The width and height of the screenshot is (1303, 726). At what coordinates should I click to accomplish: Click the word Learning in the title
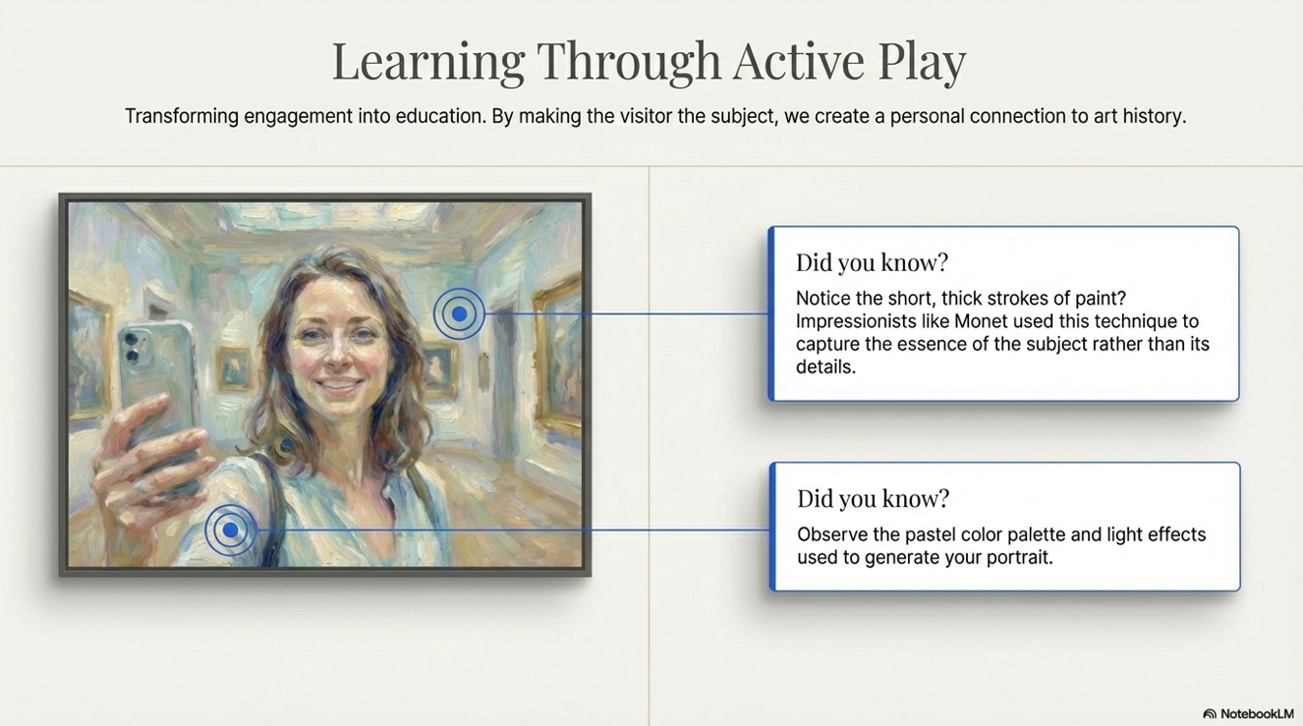428,62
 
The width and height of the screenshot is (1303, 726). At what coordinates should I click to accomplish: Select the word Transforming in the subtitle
182,116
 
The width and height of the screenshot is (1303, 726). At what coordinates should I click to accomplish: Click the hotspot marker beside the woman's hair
459,314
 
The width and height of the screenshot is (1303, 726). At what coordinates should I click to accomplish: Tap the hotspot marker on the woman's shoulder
230,530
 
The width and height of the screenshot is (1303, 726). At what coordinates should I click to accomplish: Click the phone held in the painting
157,396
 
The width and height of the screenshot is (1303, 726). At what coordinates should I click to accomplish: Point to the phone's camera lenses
132,348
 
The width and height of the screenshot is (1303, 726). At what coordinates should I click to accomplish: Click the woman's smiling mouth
339,387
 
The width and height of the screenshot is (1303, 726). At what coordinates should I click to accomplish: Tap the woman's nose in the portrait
336,355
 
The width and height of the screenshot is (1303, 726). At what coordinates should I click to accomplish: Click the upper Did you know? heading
872,262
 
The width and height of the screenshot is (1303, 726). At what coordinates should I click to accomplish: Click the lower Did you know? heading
874,498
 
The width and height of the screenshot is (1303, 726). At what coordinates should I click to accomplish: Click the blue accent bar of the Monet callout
771,313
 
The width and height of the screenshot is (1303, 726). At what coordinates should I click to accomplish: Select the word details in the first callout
825,367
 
